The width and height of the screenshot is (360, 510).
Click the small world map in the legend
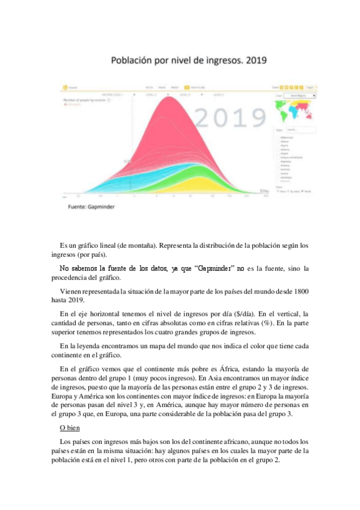click(x=296, y=112)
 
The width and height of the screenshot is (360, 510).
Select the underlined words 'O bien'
click(x=70, y=428)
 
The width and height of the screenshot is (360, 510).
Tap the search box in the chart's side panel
click(x=301, y=129)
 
